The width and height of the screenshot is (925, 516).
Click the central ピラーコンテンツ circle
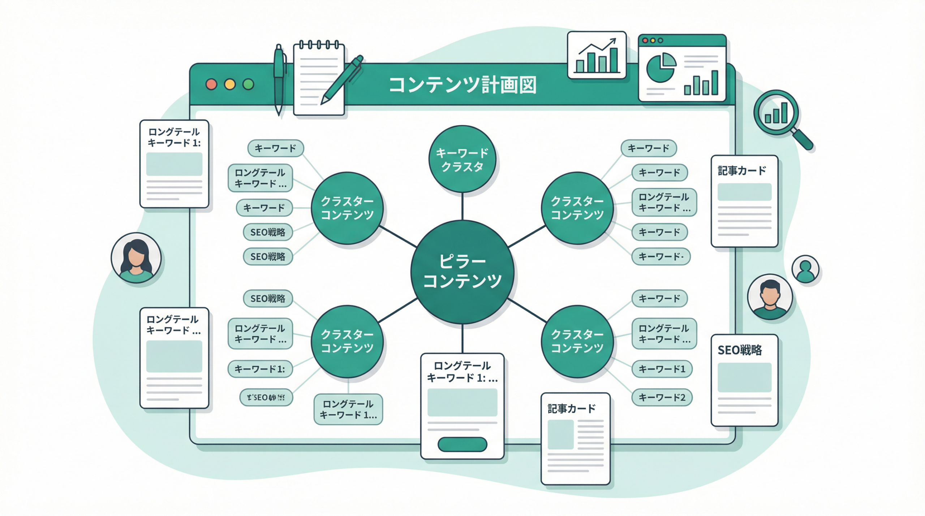tap(462, 272)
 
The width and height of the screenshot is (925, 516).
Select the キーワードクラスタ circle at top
tap(462, 159)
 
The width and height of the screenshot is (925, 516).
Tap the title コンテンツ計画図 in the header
tap(462, 85)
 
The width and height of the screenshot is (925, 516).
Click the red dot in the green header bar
tap(211, 84)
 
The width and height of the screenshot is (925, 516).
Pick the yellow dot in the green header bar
tap(230, 84)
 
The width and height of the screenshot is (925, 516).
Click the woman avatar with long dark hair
tap(136, 258)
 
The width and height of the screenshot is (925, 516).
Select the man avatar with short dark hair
tap(770, 297)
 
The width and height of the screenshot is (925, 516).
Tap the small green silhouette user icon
tap(805, 269)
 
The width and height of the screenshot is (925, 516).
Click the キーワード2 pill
tap(662, 397)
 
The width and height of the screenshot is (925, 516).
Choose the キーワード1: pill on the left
tap(260, 369)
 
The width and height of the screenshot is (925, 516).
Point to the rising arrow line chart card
tap(597, 55)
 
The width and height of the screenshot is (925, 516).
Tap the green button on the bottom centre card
tap(462, 444)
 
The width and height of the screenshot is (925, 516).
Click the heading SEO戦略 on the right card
tap(739, 350)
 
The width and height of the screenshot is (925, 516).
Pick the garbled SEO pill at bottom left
tap(266, 398)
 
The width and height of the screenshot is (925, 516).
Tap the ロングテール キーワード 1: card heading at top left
tap(174, 137)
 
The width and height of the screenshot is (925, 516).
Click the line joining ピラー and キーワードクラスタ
tap(462, 206)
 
